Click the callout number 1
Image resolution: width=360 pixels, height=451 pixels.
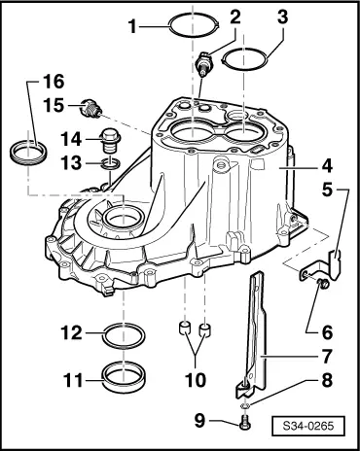(132, 26)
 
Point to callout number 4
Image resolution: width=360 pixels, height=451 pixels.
(327, 166)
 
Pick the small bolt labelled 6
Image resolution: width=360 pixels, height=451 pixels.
(324, 284)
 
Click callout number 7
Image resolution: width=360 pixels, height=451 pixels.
(327, 356)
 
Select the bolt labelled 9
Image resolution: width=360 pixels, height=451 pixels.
(246, 423)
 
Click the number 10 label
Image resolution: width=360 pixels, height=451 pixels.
(196, 379)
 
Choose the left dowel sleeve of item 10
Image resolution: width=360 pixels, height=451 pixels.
(185, 329)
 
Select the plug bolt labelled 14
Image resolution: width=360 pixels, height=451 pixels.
(111, 141)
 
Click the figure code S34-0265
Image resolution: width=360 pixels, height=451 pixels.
(308, 425)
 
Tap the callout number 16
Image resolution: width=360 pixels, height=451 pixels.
(54, 82)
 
